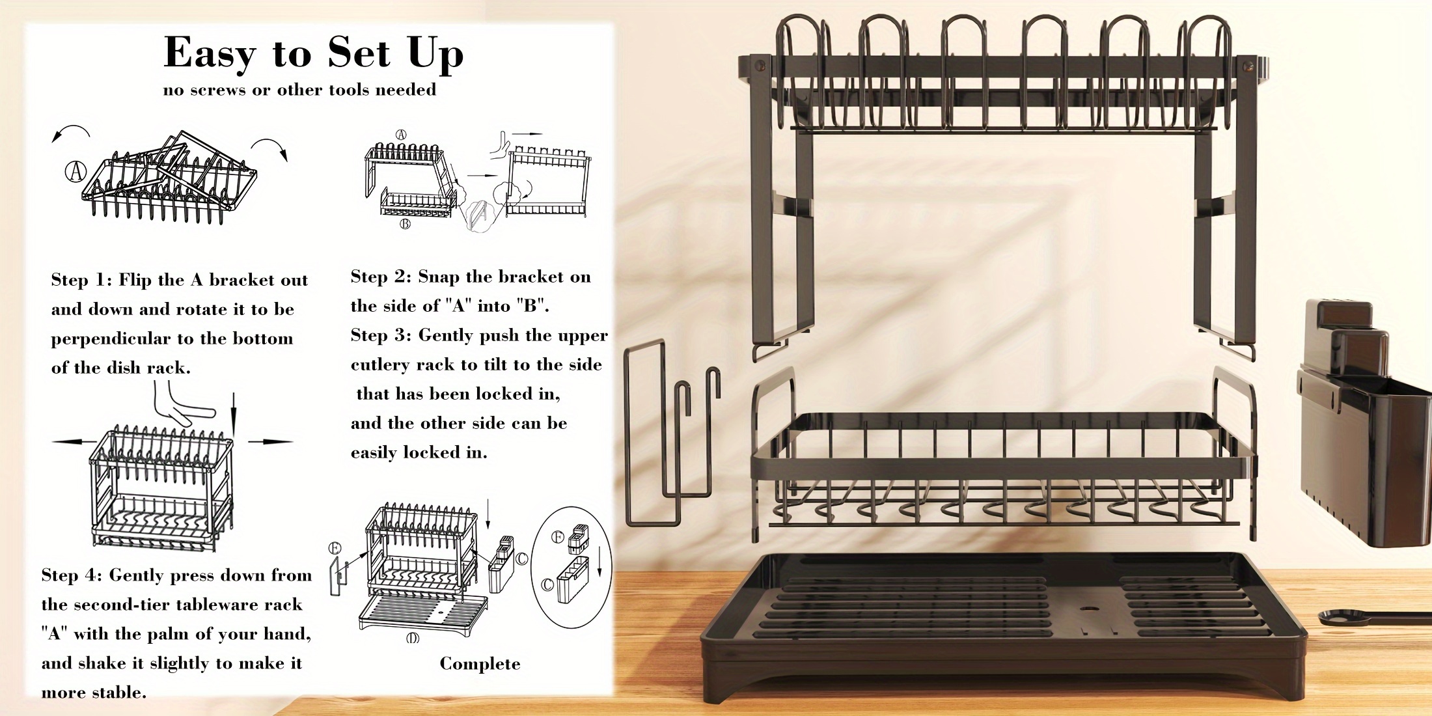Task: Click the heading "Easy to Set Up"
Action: tap(314, 53)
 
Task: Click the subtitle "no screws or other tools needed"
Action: tap(299, 90)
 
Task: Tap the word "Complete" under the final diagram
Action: tap(480, 665)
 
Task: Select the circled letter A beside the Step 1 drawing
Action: tap(76, 172)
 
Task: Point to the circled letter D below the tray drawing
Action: tap(413, 638)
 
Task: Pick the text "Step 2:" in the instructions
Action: tap(381, 277)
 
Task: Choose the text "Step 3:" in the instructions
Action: tap(381, 336)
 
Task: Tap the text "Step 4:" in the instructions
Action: tap(72, 576)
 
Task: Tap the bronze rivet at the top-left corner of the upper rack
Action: tap(758, 66)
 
